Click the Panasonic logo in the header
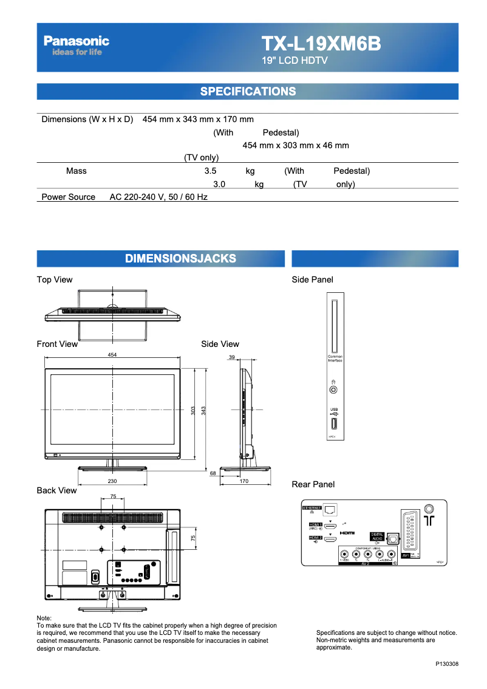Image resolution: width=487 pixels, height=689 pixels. point(77,41)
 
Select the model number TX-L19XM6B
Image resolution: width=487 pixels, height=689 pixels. point(321,44)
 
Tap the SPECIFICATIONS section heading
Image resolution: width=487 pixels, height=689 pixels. point(248,92)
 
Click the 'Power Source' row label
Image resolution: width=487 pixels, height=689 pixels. point(68,197)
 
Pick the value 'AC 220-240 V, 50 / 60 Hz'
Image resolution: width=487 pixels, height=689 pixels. point(158,197)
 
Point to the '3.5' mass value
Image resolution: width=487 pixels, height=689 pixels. point(211,171)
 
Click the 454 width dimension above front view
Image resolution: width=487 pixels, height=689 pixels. point(112,354)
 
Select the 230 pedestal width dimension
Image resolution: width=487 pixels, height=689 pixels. point(112,481)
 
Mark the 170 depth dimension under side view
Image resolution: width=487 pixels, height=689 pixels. point(244,481)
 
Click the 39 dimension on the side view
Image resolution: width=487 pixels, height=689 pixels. point(232,357)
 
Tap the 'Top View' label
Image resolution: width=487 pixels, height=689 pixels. point(55,279)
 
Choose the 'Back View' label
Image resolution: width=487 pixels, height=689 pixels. point(57,490)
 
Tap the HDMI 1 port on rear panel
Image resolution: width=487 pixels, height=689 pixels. point(331,526)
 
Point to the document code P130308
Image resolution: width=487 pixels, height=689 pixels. point(446,664)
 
